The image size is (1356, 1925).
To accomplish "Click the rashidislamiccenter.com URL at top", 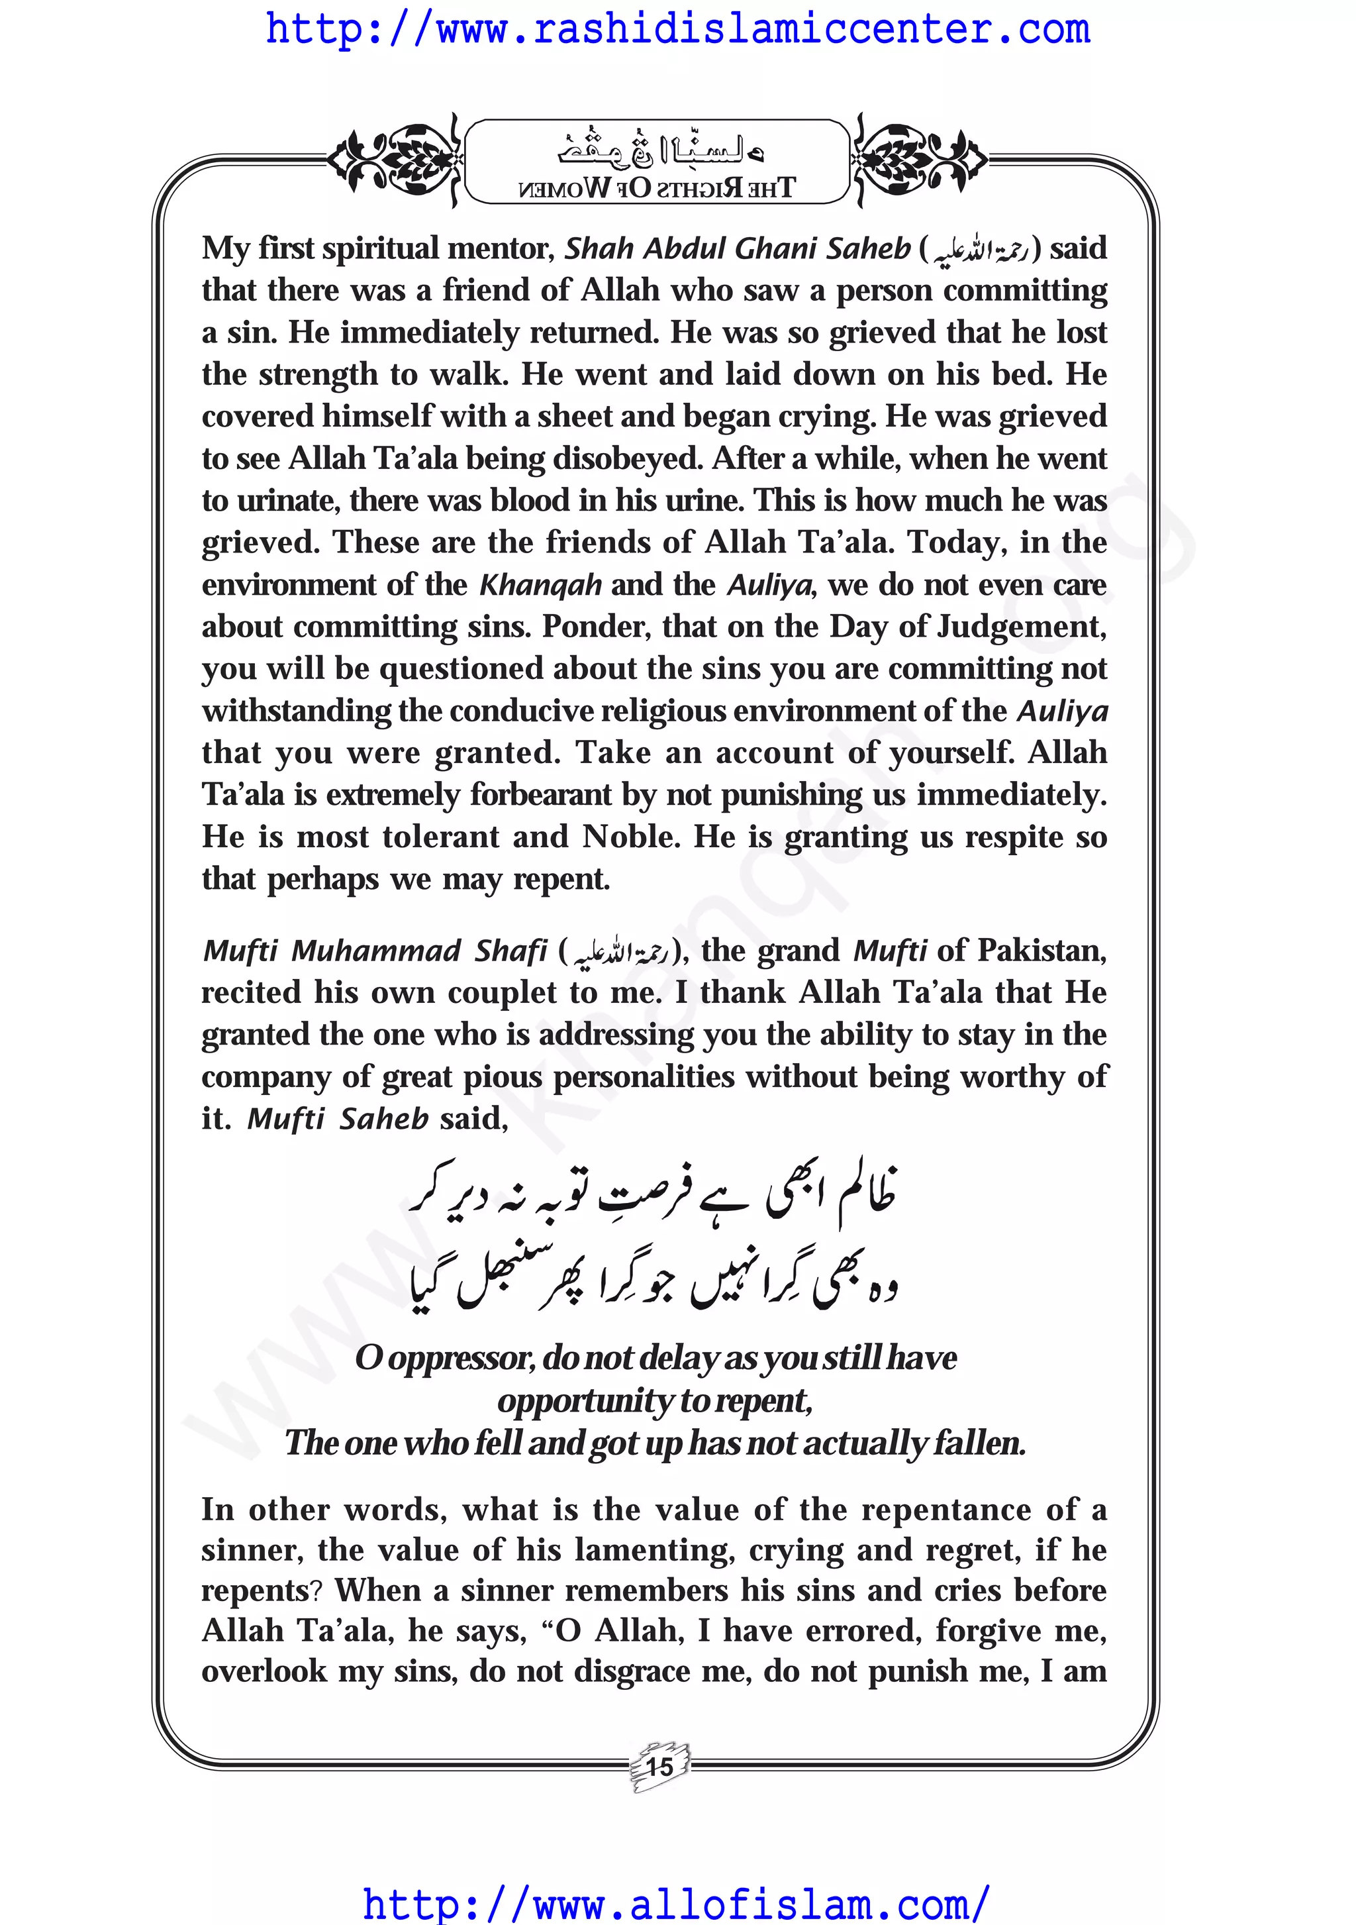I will [677, 30].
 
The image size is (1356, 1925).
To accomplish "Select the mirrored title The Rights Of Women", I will [657, 188].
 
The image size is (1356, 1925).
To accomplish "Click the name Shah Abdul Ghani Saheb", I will [737, 248].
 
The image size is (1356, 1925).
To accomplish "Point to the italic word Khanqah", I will [540, 584].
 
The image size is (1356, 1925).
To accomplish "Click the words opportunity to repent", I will [655, 1400].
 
